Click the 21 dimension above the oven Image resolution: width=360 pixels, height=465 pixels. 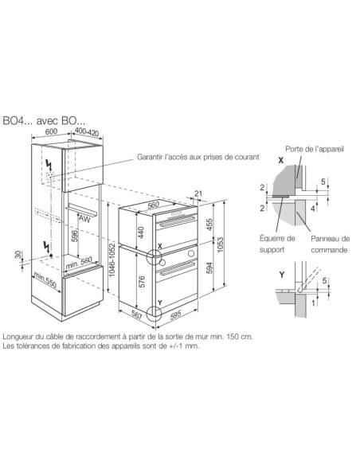tap(198, 193)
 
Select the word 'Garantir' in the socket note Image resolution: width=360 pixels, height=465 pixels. tap(154, 158)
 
